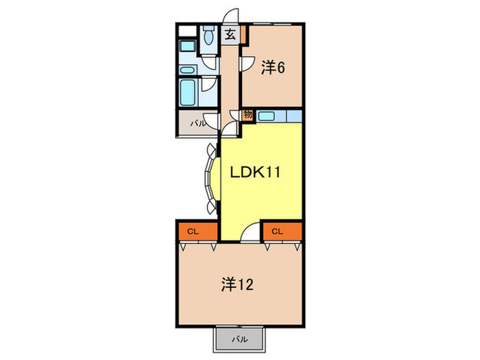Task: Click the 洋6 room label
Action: tap(272, 67)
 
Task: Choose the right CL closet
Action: tap(277, 232)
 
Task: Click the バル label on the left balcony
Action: tap(197, 124)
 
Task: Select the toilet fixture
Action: tap(208, 36)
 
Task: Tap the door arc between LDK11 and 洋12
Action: tap(252, 233)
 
